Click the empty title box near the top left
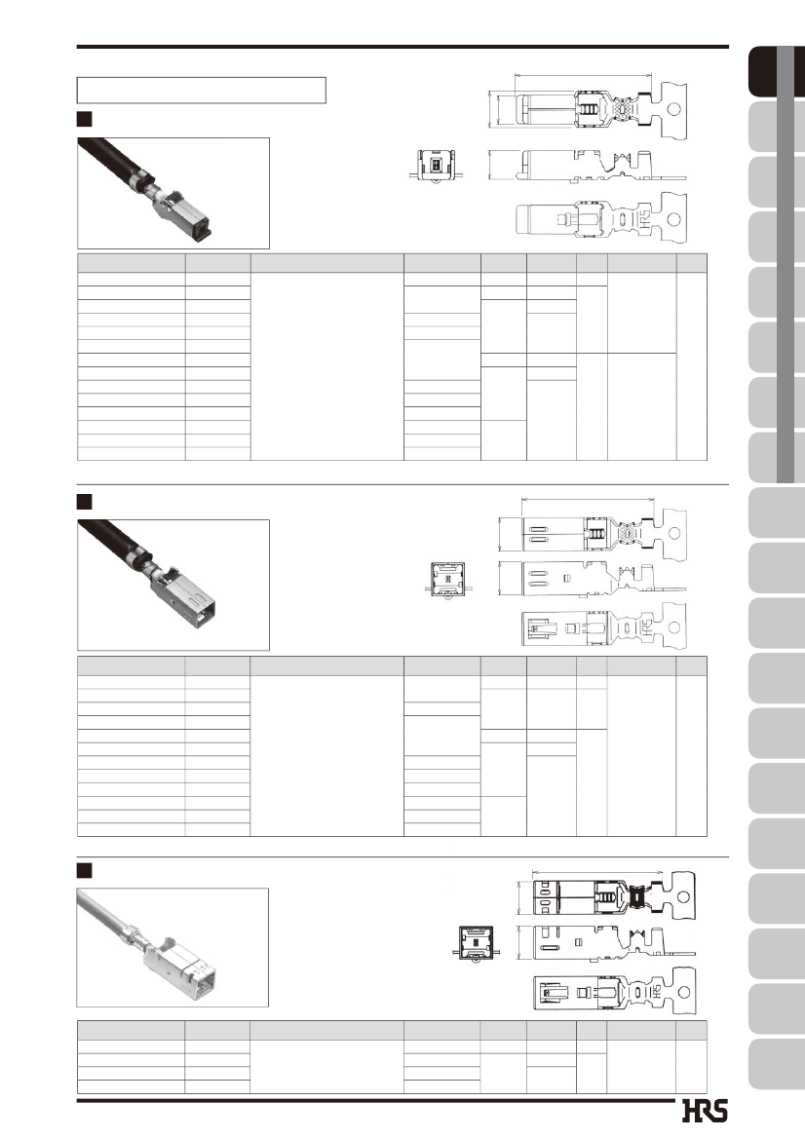201,90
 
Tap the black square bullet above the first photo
84,119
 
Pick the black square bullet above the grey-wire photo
84,870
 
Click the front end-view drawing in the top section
436,166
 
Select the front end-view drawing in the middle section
447,581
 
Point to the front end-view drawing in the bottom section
477,944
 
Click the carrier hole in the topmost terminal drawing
673,110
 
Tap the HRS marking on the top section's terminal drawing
645,219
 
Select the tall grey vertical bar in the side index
786,264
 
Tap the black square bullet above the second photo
84,501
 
